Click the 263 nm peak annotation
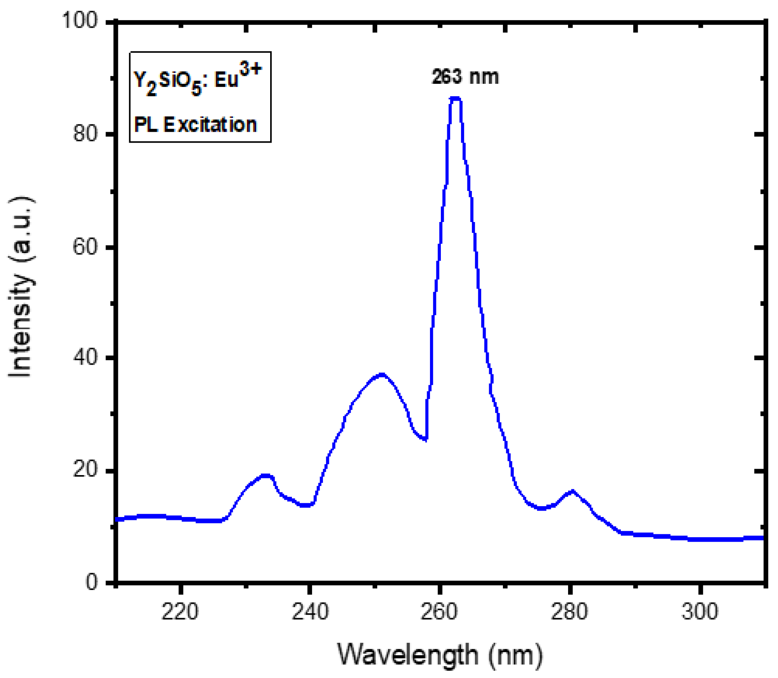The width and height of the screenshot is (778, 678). (465, 77)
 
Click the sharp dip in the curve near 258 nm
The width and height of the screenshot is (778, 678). (426, 439)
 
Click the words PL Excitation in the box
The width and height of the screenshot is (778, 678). (195, 125)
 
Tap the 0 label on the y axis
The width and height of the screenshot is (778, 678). (92, 581)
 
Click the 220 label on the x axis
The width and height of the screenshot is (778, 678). (180, 612)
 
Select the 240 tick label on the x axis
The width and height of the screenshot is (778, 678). (310, 612)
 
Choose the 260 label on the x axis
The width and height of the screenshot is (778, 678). (439, 612)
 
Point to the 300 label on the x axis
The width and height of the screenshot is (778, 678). (700, 612)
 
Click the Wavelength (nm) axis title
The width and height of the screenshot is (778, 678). (440, 655)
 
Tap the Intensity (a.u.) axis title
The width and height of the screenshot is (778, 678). (22, 288)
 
